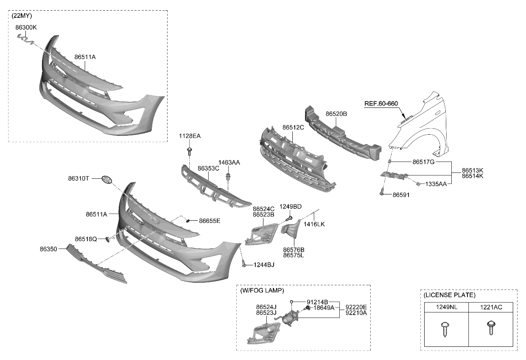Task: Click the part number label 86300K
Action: click(26, 27)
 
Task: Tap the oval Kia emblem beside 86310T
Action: click(109, 180)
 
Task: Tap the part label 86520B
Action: click(336, 114)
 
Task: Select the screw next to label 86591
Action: click(382, 193)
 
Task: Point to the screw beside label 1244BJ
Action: click(244, 264)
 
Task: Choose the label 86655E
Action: click(210, 221)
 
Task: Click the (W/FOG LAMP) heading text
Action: click(262, 290)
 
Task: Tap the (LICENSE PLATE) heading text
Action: click(449, 295)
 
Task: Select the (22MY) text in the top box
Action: click(22, 16)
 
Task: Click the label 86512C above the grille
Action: click(293, 127)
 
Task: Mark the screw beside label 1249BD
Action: click(289, 218)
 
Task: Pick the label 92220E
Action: click(356, 307)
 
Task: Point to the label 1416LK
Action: click(314, 224)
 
